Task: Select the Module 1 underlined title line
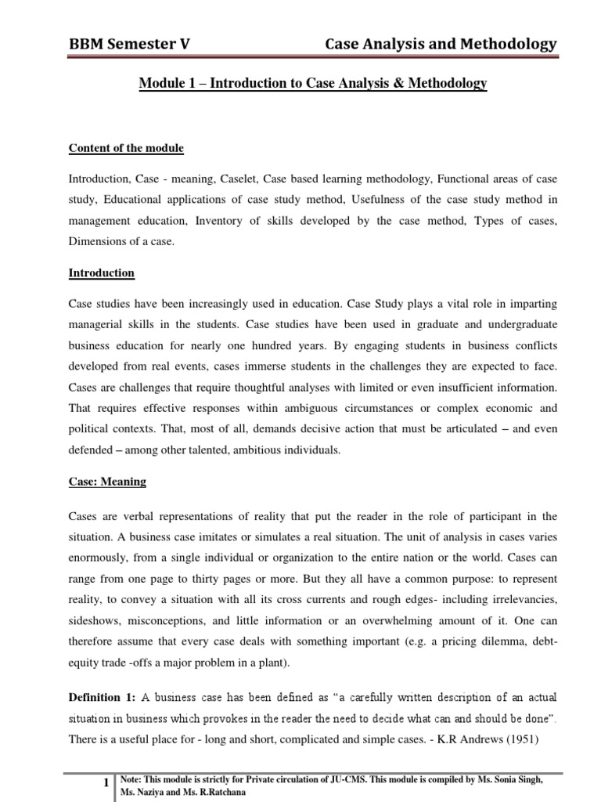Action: [x=312, y=83]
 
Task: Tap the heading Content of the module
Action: [x=126, y=148]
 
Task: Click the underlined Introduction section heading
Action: [x=102, y=273]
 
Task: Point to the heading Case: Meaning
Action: [x=107, y=482]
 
